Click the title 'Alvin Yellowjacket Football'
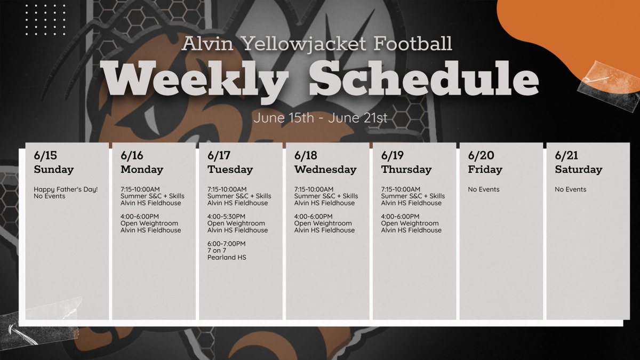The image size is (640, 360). click(317, 43)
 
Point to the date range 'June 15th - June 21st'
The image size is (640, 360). click(320, 118)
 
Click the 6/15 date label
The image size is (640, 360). click(45, 156)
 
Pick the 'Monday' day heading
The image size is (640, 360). click(142, 170)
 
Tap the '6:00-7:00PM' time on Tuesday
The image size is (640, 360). click(227, 244)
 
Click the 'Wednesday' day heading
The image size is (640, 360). click(325, 170)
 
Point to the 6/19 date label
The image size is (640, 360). click(393, 156)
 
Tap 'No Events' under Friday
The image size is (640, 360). click(484, 189)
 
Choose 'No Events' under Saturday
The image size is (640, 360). click(571, 189)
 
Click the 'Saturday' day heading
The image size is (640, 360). click(578, 170)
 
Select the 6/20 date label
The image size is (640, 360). click(481, 156)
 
